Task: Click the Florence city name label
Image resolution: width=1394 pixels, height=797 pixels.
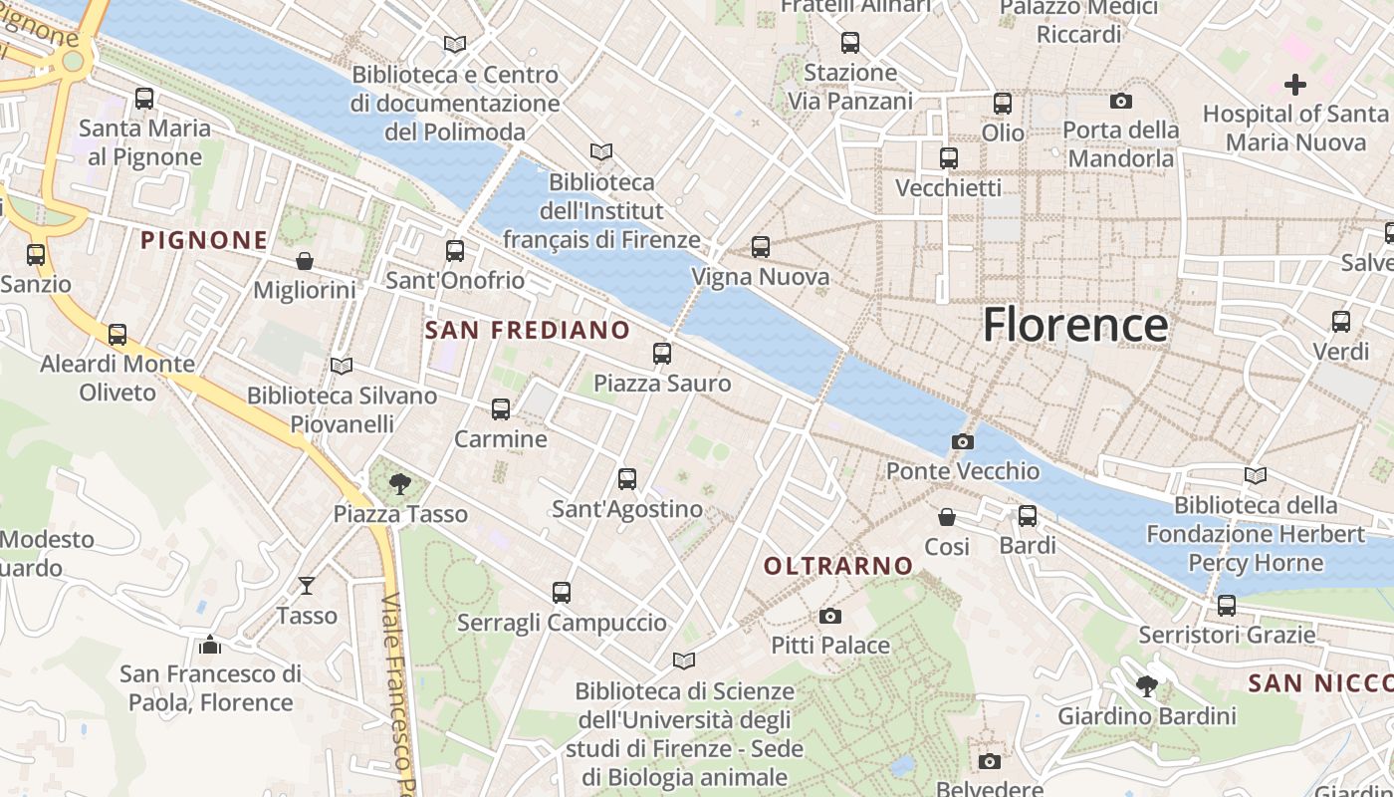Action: (1075, 325)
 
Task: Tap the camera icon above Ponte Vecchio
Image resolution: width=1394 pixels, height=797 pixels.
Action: (963, 441)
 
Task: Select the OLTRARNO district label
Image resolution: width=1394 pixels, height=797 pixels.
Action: (837, 566)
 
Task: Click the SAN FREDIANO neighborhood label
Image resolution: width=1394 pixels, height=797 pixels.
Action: (528, 330)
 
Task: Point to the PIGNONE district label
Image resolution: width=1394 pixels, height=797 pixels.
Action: (204, 240)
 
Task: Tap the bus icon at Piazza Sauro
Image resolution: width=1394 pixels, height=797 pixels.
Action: (662, 354)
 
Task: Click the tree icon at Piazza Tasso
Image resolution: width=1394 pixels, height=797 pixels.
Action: (400, 484)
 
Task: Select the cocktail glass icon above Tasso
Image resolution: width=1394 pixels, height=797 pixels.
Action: (307, 586)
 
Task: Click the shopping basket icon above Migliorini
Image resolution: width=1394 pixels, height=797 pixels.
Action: (305, 261)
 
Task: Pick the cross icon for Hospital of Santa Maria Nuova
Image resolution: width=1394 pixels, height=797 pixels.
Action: (1294, 85)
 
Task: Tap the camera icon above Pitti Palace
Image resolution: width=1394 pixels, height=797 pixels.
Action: (830, 617)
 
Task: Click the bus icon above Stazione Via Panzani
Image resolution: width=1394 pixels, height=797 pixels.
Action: (850, 43)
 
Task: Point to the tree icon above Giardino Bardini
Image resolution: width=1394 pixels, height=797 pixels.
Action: (1147, 686)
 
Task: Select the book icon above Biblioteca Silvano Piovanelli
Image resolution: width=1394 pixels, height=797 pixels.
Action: (342, 367)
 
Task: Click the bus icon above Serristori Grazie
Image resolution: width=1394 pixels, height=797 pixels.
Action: (1227, 606)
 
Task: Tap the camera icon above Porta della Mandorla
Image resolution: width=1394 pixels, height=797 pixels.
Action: (1121, 101)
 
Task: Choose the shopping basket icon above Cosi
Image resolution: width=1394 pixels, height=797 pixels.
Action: (947, 517)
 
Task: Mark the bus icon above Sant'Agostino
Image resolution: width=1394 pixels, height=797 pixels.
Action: (627, 479)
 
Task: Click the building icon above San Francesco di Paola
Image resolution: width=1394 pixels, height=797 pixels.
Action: (210, 645)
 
